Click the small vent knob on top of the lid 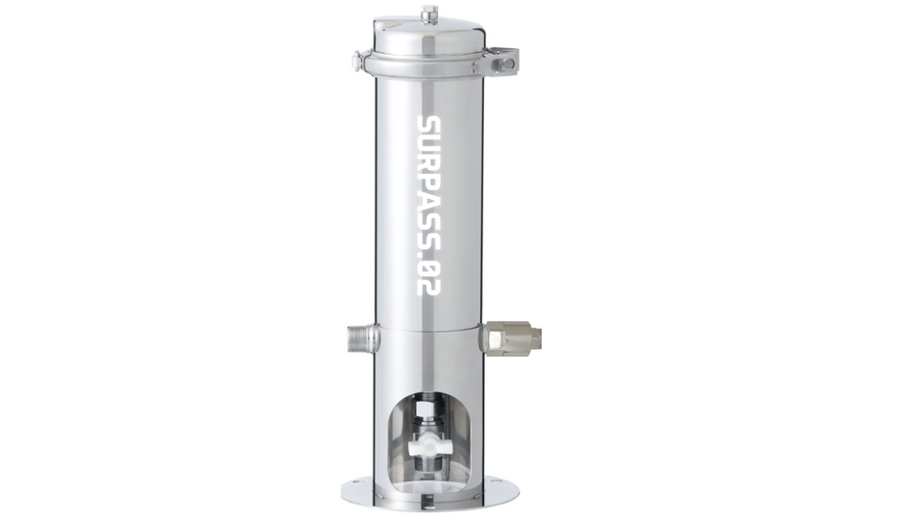click(429, 13)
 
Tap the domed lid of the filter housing click(429, 37)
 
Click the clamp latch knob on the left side click(358, 62)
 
